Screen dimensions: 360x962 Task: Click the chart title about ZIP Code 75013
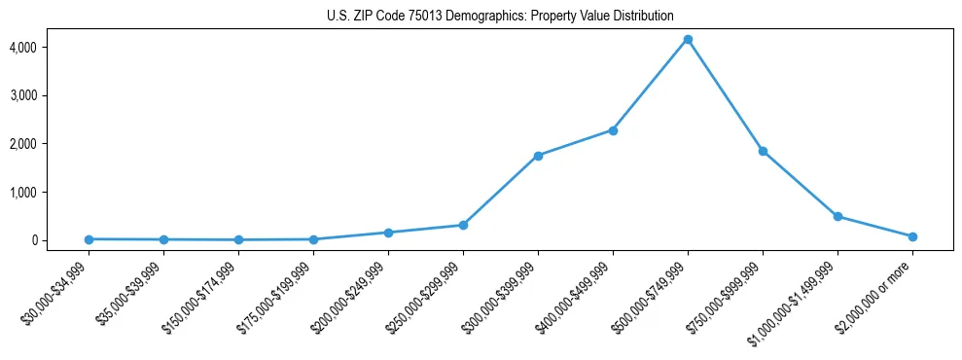point(481,16)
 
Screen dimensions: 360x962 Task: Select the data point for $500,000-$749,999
point(688,40)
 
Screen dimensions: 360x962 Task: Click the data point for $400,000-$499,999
point(613,130)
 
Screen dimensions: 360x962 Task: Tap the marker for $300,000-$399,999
point(538,156)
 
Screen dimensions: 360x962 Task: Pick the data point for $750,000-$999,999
point(763,151)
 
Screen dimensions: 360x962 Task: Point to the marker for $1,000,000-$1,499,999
point(837,217)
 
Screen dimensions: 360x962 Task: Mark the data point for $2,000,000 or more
point(912,236)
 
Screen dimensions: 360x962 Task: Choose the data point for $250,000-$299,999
point(463,226)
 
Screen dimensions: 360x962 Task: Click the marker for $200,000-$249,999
point(388,233)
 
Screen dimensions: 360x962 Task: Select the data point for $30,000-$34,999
point(89,239)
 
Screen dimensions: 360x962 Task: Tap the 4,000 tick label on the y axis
point(51,48)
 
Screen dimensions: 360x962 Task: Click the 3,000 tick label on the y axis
point(51,95)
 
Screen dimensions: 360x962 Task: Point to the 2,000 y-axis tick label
point(51,144)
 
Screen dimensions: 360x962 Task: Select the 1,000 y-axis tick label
point(51,193)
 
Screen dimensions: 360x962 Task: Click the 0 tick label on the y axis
point(60,240)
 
